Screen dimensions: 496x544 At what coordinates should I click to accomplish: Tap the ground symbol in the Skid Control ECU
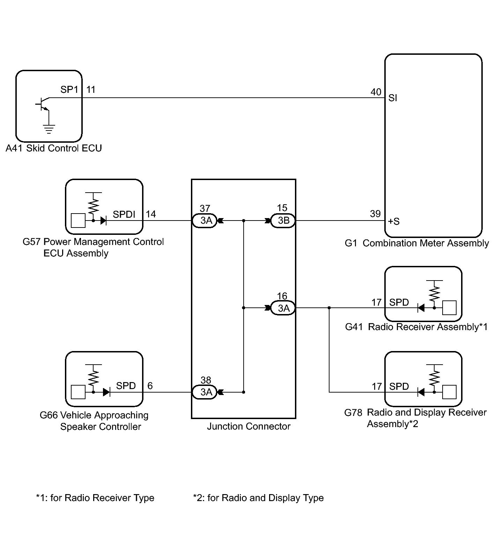[x=49, y=129]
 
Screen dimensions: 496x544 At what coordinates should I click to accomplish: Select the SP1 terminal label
[x=69, y=90]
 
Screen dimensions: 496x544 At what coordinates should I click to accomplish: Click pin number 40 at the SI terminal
[x=376, y=92]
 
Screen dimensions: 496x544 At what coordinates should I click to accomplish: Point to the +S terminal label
[x=394, y=221]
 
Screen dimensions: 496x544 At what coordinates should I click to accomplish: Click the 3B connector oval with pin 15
[x=283, y=221]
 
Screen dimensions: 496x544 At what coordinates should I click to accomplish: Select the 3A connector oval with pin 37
[x=205, y=221]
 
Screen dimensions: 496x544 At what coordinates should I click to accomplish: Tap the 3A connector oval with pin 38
[x=205, y=392]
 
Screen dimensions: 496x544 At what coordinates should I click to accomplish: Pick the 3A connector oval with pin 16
[x=283, y=308]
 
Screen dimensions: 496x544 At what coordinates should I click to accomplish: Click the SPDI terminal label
[x=124, y=214]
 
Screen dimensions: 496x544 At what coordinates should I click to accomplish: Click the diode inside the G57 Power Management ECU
[x=103, y=221]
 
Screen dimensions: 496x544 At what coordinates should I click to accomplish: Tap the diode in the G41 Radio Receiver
[x=421, y=308]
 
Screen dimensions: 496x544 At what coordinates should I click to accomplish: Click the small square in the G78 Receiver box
[x=449, y=392]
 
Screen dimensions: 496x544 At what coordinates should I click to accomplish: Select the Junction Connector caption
[x=249, y=426]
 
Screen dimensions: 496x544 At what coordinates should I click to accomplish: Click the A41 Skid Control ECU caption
[x=54, y=148]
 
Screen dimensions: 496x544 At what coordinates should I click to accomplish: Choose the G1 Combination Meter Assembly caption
[x=417, y=243]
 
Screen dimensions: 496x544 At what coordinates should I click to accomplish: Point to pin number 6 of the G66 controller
[x=150, y=386]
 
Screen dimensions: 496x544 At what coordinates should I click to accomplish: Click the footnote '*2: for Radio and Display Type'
[x=258, y=498]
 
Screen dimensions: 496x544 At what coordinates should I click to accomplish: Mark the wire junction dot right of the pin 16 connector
[x=329, y=308]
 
